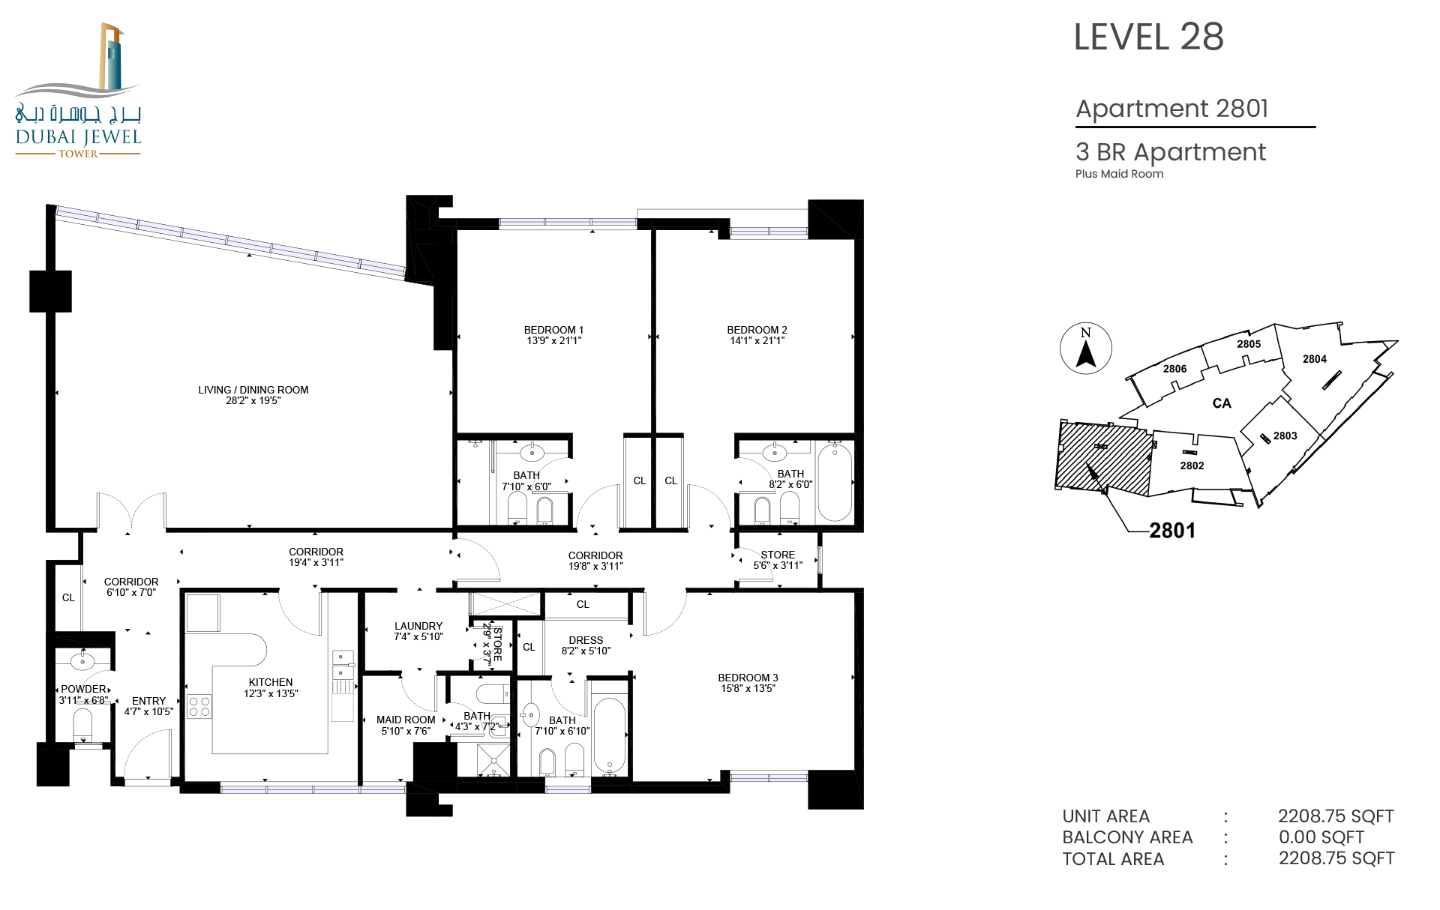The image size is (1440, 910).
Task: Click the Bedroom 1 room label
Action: [553, 330]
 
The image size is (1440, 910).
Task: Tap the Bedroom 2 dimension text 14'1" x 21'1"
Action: [757, 340]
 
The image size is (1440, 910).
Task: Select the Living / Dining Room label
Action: [253, 390]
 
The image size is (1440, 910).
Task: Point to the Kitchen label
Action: [271, 682]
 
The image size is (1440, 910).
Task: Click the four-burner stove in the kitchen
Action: [199, 706]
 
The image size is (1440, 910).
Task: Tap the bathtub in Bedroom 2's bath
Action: [834, 482]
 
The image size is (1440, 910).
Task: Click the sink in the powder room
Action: [82, 661]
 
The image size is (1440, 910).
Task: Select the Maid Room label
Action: [406, 720]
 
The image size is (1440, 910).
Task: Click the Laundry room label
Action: [418, 626]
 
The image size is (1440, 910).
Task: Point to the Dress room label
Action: [586, 640]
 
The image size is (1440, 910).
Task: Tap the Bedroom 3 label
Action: [748, 678]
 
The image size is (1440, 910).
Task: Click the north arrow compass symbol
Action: [1086, 349]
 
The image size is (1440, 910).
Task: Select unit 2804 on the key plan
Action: [1315, 359]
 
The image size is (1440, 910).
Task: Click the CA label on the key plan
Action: [1222, 403]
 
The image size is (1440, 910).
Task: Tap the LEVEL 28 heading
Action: [1149, 37]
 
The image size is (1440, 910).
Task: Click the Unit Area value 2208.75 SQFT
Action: [1336, 816]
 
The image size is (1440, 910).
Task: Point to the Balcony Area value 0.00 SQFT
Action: [1321, 837]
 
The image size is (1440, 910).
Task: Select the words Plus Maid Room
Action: [1120, 174]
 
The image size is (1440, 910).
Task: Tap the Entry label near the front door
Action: [148, 701]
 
